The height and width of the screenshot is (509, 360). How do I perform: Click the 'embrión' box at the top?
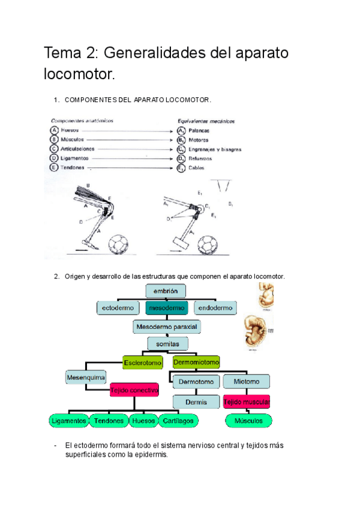(x=166, y=291)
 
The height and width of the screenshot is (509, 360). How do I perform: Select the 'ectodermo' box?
(x=118, y=308)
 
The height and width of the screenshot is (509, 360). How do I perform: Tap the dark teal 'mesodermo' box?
(x=166, y=308)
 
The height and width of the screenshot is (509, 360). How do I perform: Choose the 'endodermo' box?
(x=215, y=308)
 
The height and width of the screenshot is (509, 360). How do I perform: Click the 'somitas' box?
(x=168, y=343)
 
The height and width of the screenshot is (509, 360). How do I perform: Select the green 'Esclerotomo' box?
(x=143, y=362)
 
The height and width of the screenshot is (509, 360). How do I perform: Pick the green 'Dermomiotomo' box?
(x=196, y=362)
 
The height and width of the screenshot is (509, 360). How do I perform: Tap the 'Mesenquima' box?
(x=86, y=378)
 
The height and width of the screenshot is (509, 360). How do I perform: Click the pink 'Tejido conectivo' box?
(x=134, y=390)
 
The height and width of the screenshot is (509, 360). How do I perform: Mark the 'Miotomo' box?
(x=246, y=381)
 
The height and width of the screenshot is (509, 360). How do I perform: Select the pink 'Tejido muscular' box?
(x=246, y=401)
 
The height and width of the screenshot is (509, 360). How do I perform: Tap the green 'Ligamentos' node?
(x=69, y=421)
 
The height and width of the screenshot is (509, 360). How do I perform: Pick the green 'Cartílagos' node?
(x=178, y=421)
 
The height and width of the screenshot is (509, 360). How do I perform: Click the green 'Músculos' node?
(x=247, y=421)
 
